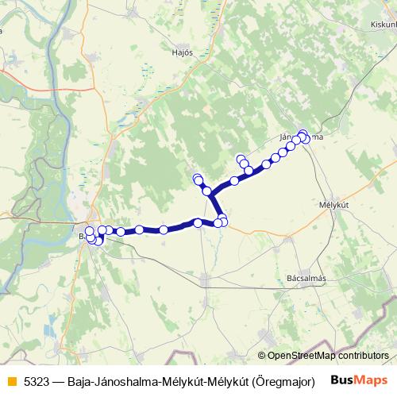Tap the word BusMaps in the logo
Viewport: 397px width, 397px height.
[x=359, y=380]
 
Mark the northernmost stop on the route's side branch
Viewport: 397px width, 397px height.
[x=198, y=178]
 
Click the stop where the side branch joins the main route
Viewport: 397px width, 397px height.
[x=207, y=191]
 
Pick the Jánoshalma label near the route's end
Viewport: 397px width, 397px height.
[x=300, y=137]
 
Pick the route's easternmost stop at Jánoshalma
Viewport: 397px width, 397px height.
[x=306, y=139]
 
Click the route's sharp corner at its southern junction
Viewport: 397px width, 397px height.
[x=213, y=214]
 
